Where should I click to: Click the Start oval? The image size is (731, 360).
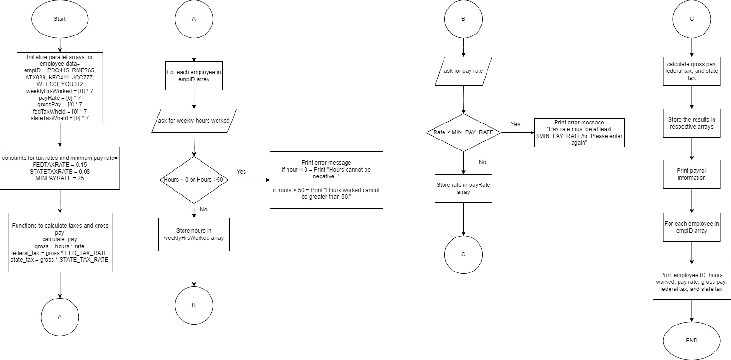[x=60, y=19]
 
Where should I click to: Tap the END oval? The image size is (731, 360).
[x=691, y=341]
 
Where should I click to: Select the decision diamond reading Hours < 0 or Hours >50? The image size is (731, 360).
[x=194, y=180]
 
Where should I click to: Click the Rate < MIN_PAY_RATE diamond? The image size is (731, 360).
[x=463, y=132]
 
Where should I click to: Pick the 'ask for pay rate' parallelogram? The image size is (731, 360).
[x=463, y=71]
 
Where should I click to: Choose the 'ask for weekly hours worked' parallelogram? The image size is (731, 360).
[x=194, y=121]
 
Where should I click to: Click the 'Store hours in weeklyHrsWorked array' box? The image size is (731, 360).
[x=194, y=234]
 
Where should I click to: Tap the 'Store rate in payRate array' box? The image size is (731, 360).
[x=463, y=188]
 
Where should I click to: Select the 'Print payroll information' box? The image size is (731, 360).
[x=691, y=175]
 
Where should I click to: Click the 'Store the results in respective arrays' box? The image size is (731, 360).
[x=691, y=124]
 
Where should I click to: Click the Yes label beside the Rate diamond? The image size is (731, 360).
[x=515, y=124]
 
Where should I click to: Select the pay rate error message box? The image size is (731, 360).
[x=579, y=132]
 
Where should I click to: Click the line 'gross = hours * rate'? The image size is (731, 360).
[x=60, y=246]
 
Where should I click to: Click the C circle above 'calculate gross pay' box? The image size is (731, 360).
[x=691, y=19]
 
